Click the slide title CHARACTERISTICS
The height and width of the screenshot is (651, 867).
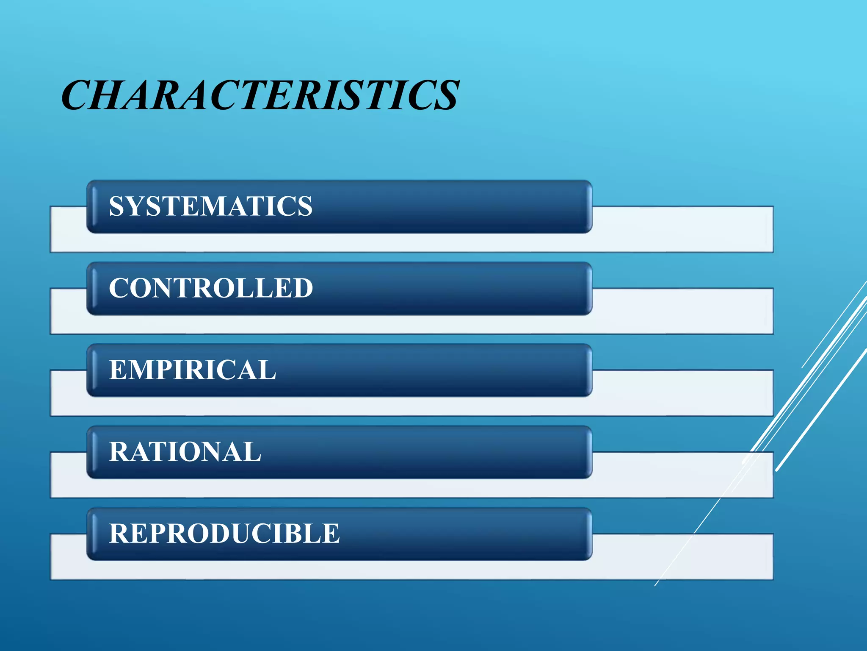click(x=260, y=95)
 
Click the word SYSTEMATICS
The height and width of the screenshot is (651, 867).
click(x=210, y=206)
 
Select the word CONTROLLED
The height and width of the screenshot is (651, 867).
click(x=211, y=288)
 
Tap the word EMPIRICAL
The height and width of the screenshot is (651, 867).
click(x=193, y=370)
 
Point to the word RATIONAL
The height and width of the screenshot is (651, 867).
click(x=185, y=452)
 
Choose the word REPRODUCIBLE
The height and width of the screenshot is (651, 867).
click(x=224, y=534)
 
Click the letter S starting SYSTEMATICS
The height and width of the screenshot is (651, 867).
click(x=117, y=206)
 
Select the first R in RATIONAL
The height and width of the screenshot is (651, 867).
click(x=118, y=452)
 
